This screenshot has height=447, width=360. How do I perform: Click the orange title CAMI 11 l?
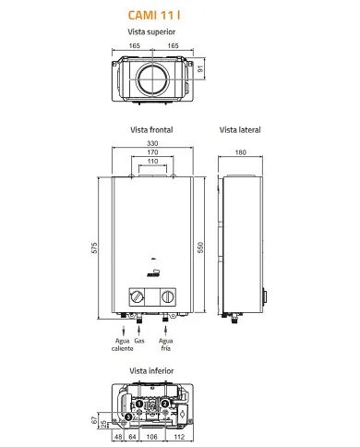click(x=154, y=15)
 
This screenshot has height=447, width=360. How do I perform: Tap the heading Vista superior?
click(x=151, y=31)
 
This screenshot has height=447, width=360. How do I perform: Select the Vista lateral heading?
click(x=240, y=130)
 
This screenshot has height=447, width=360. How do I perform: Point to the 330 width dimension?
click(x=152, y=143)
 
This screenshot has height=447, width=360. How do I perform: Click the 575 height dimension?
click(x=94, y=248)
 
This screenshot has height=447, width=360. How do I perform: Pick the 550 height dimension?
click(x=200, y=248)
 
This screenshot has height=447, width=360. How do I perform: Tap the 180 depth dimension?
click(x=241, y=152)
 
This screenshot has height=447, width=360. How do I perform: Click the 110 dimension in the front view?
click(x=152, y=161)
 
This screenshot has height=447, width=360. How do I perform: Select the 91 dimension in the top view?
click(x=200, y=68)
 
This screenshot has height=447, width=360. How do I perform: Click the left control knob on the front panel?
click(x=137, y=297)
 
